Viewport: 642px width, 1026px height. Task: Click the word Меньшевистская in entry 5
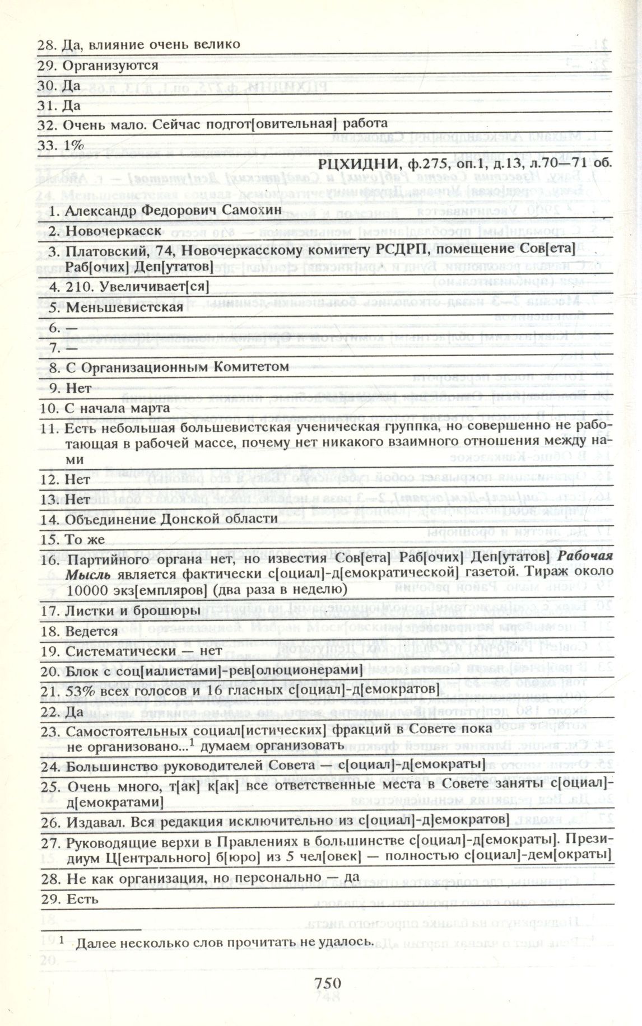pyautogui.click(x=124, y=307)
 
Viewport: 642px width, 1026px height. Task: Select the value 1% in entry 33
pyautogui.click(x=74, y=144)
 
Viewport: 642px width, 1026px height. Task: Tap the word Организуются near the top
pyautogui.click(x=110, y=65)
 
